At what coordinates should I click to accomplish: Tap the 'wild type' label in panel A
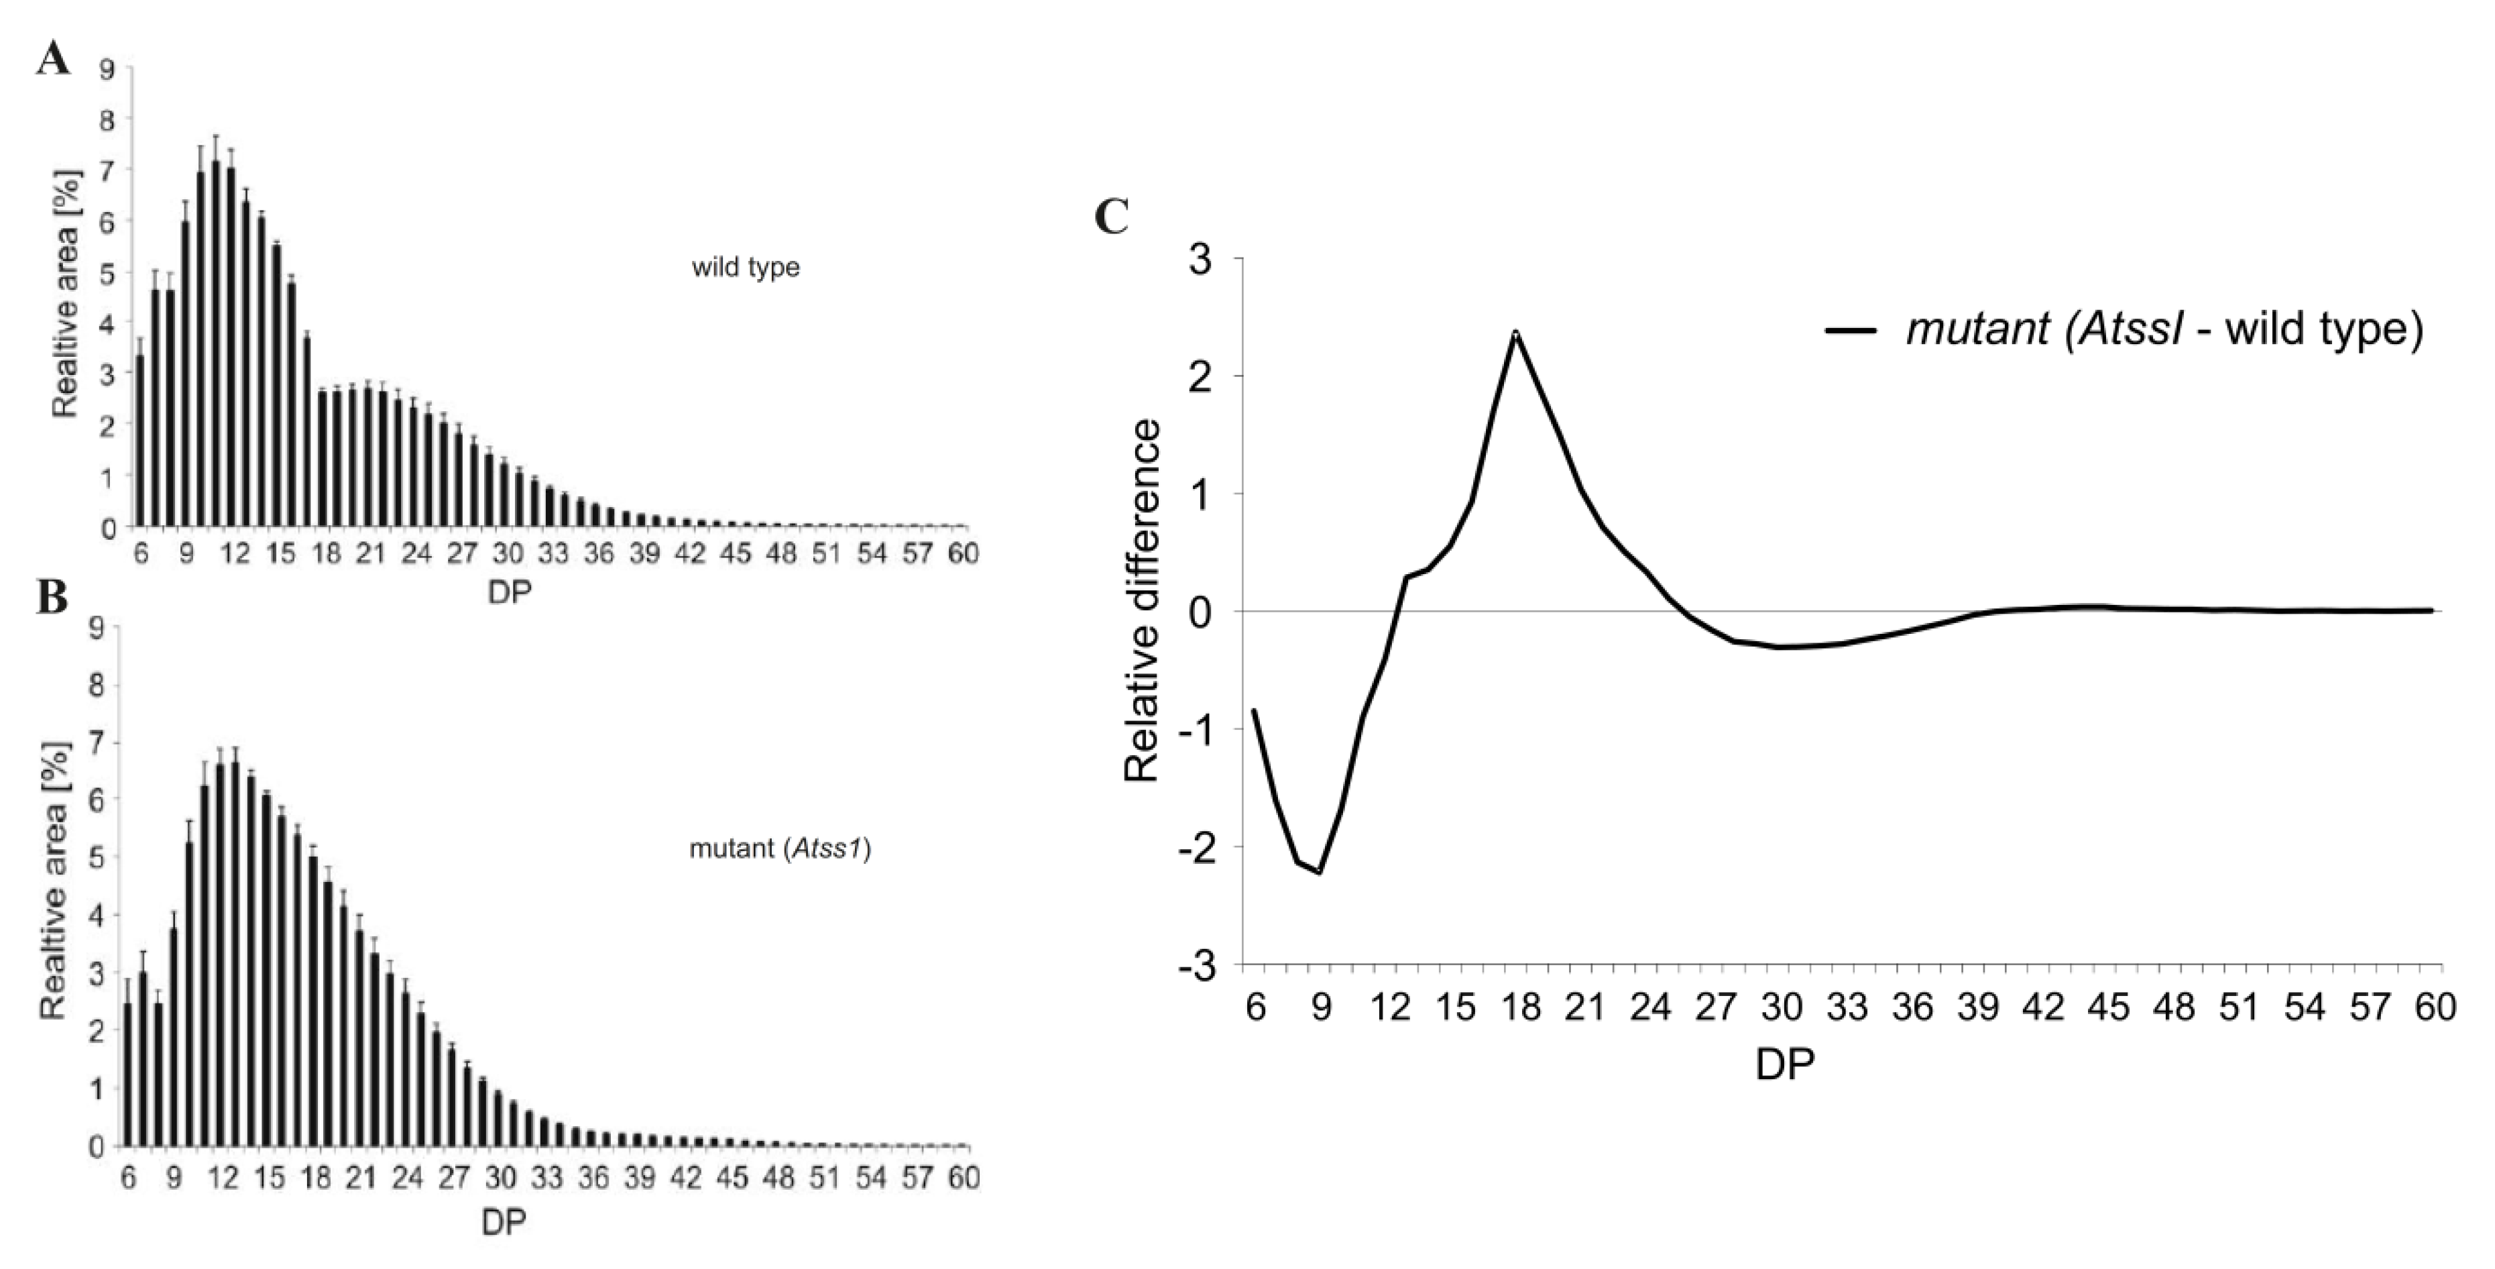click(745, 268)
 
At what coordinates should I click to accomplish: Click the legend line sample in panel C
click(1853, 330)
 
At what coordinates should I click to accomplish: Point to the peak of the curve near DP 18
click(1516, 333)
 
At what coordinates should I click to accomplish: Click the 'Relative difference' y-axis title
click(1143, 600)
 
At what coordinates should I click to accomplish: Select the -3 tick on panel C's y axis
click(1198, 967)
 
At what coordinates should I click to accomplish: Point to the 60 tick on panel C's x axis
click(2433, 1007)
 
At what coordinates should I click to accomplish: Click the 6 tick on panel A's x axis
click(141, 554)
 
